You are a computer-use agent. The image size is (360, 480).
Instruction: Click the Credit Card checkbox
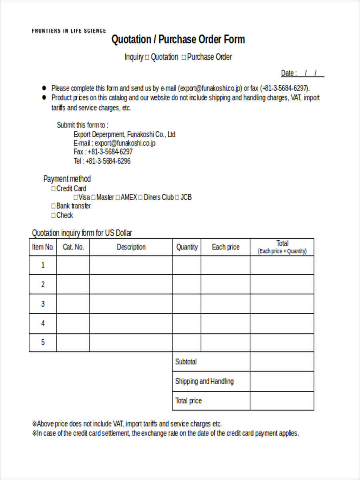click(54, 189)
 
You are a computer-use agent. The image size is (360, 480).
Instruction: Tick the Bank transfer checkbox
click(54, 206)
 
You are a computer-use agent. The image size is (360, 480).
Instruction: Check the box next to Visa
click(76, 198)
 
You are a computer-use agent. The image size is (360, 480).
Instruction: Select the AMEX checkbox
click(118, 198)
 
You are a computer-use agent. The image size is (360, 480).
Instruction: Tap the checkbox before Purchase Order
click(184, 58)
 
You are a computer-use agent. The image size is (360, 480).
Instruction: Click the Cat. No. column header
click(73, 247)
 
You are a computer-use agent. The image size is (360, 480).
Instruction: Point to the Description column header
click(131, 247)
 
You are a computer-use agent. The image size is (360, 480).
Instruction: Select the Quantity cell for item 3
click(186, 304)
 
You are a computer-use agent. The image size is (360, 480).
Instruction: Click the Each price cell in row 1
click(225, 265)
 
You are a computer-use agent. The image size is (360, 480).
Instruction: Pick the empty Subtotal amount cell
click(282, 362)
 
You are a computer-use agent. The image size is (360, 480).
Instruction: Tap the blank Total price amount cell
click(282, 401)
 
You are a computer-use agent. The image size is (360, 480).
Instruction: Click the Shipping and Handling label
click(204, 381)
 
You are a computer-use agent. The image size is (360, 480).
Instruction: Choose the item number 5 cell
click(43, 342)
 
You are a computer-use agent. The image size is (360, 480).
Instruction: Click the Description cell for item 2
click(131, 284)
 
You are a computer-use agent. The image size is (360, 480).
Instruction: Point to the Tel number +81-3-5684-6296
click(102, 161)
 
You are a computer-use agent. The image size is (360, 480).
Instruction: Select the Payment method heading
click(67, 179)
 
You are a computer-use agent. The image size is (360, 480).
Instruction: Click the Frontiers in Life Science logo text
click(69, 31)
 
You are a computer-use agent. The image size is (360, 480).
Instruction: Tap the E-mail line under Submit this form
click(114, 143)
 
